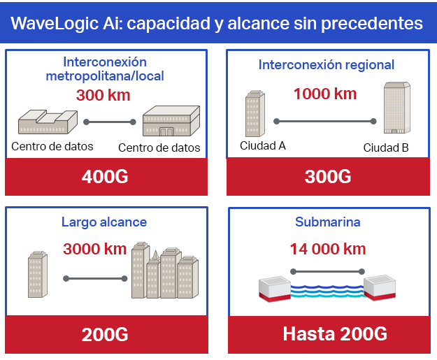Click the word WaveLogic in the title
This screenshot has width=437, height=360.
tap(55, 23)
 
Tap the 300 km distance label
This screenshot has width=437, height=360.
tap(103, 95)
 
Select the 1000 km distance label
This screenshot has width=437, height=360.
tap(325, 94)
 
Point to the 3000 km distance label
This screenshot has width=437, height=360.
tap(95, 249)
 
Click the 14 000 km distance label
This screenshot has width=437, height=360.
tap(328, 249)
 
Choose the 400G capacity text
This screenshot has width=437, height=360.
tap(105, 177)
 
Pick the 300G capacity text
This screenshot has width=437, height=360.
tap(328, 177)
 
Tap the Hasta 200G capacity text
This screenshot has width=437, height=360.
tap(335, 333)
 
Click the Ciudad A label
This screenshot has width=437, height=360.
tap(263, 145)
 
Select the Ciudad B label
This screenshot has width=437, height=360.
tap(386, 147)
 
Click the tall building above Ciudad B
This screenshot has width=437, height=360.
tap(397, 108)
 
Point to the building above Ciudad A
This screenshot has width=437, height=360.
tap(255, 113)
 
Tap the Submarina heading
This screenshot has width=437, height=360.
tap(328, 222)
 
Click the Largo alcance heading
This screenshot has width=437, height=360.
tap(104, 222)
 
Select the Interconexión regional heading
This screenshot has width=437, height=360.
tap(327, 65)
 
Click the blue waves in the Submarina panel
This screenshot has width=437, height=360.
tap(327, 291)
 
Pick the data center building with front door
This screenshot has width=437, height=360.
tap(171, 121)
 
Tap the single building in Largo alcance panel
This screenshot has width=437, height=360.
tap(38, 274)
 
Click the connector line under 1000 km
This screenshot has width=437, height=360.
tap(325, 121)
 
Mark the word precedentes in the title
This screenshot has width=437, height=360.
tap(372, 23)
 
